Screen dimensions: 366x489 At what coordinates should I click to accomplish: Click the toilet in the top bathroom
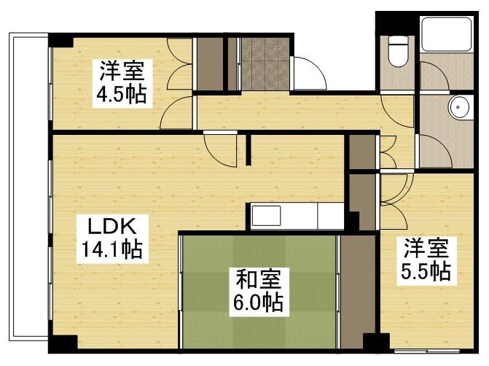(x=398, y=52)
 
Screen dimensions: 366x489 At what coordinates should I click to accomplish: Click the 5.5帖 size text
(x=424, y=270)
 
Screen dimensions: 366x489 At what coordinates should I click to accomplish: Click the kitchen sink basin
(x=266, y=216)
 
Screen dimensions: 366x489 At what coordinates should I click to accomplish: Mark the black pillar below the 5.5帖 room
(x=376, y=343)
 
